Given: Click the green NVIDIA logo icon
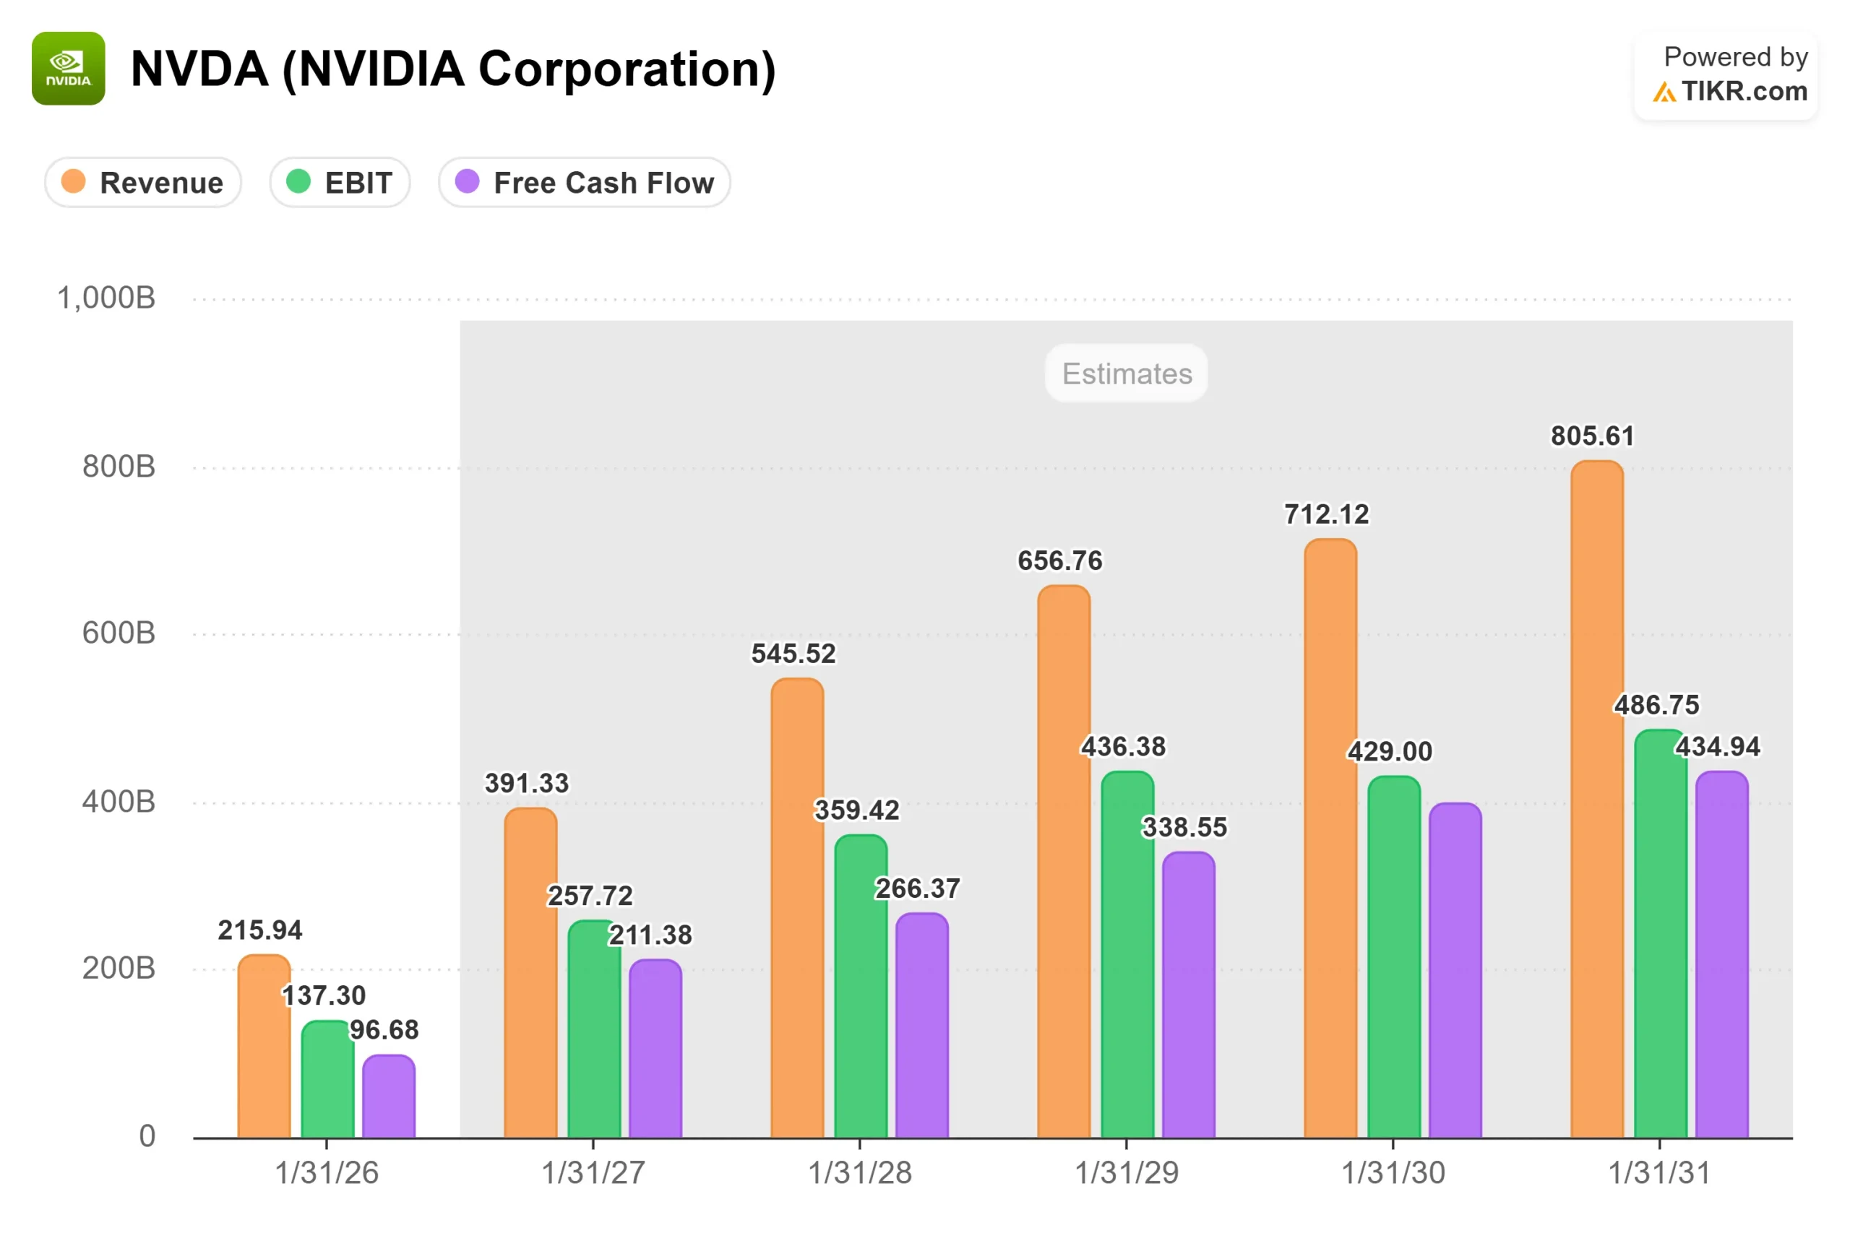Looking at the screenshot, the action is tap(69, 69).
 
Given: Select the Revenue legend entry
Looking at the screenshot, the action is tap(142, 183).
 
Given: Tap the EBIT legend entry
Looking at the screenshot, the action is tap(340, 183).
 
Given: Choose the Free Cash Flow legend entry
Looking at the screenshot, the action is tap(585, 183).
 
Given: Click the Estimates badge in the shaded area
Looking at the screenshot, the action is tap(1127, 373).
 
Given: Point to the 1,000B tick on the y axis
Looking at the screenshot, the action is tap(106, 299).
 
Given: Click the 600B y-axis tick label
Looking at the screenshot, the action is tap(119, 633).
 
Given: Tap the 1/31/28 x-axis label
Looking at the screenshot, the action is tap(860, 1173).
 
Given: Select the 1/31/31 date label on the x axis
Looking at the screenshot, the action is tap(1660, 1173).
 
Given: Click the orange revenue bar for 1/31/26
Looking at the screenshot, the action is tap(264, 1047).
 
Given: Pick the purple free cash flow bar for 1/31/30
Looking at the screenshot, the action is tap(1455, 970).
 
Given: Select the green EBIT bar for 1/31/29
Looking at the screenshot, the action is tap(1127, 955).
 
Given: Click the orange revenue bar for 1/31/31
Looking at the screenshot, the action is tap(1598, 800).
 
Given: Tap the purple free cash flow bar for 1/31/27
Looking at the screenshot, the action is tap(655, 1049).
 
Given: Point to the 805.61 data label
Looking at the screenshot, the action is tap(1593, 436).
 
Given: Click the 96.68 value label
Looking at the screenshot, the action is tap(384, 1030).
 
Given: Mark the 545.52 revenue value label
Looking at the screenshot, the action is tap(793, 654).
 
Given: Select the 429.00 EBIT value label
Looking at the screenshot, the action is tap(1390, 752).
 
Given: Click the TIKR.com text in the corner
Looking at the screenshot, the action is tap(1744, 91).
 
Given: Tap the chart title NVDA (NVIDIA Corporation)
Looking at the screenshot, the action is tap(453, 69).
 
